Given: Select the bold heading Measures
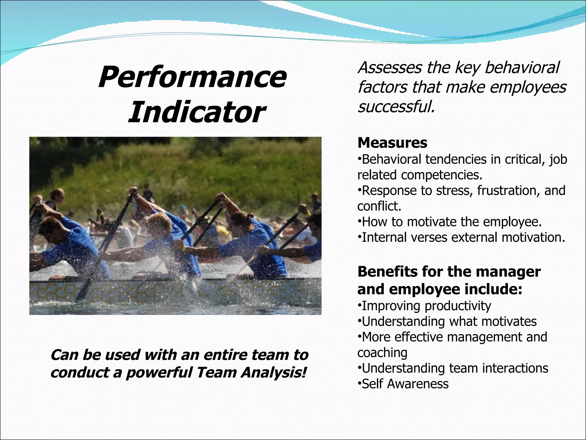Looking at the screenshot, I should tap(392, 143).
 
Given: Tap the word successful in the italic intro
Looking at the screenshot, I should tap(396, 107).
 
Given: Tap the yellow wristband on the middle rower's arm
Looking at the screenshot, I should tap(183, 249).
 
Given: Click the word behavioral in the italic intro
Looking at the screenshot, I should tap(522, 68).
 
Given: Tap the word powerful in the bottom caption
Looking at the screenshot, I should tap(159, 373).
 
